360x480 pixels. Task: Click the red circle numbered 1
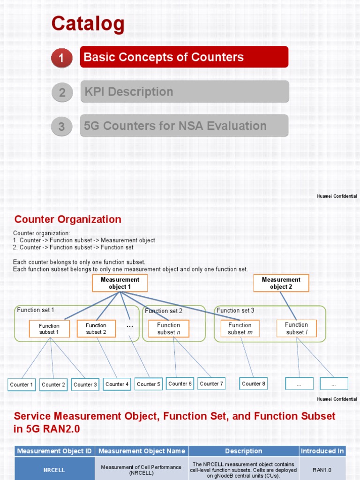click(x=61, y=58)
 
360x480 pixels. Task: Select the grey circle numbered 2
click(x=62, y=92)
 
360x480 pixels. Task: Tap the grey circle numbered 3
click(x=61, y=127)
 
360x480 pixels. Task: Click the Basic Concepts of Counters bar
click(x=184, y=57)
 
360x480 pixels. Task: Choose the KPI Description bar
click(x=184, y=91)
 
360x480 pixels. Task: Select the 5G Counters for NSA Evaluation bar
click(x=184, y=126)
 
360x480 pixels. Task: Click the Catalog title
click(x=88, y=24)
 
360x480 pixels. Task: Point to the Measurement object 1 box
click(x=120, y=283)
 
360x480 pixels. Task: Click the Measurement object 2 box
click(x=281, y=283)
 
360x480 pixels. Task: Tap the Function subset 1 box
click(x=49, y=329)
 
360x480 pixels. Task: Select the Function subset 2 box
click(x=96, y=329)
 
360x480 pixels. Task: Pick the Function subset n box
click(x=168, y=329)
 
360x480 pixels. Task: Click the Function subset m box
click(x=240, y=329)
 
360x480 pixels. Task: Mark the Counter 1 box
click(x=22, y=384)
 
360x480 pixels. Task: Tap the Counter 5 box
click(x=149, y=384)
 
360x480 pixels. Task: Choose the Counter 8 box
click(x=254, y=383)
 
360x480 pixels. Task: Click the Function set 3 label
click(x=235, y=310)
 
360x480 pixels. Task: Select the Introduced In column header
click(x=322, y=451)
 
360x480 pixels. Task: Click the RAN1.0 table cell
click(x=322, y=469)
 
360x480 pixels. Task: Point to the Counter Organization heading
click(x=68, y=219)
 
